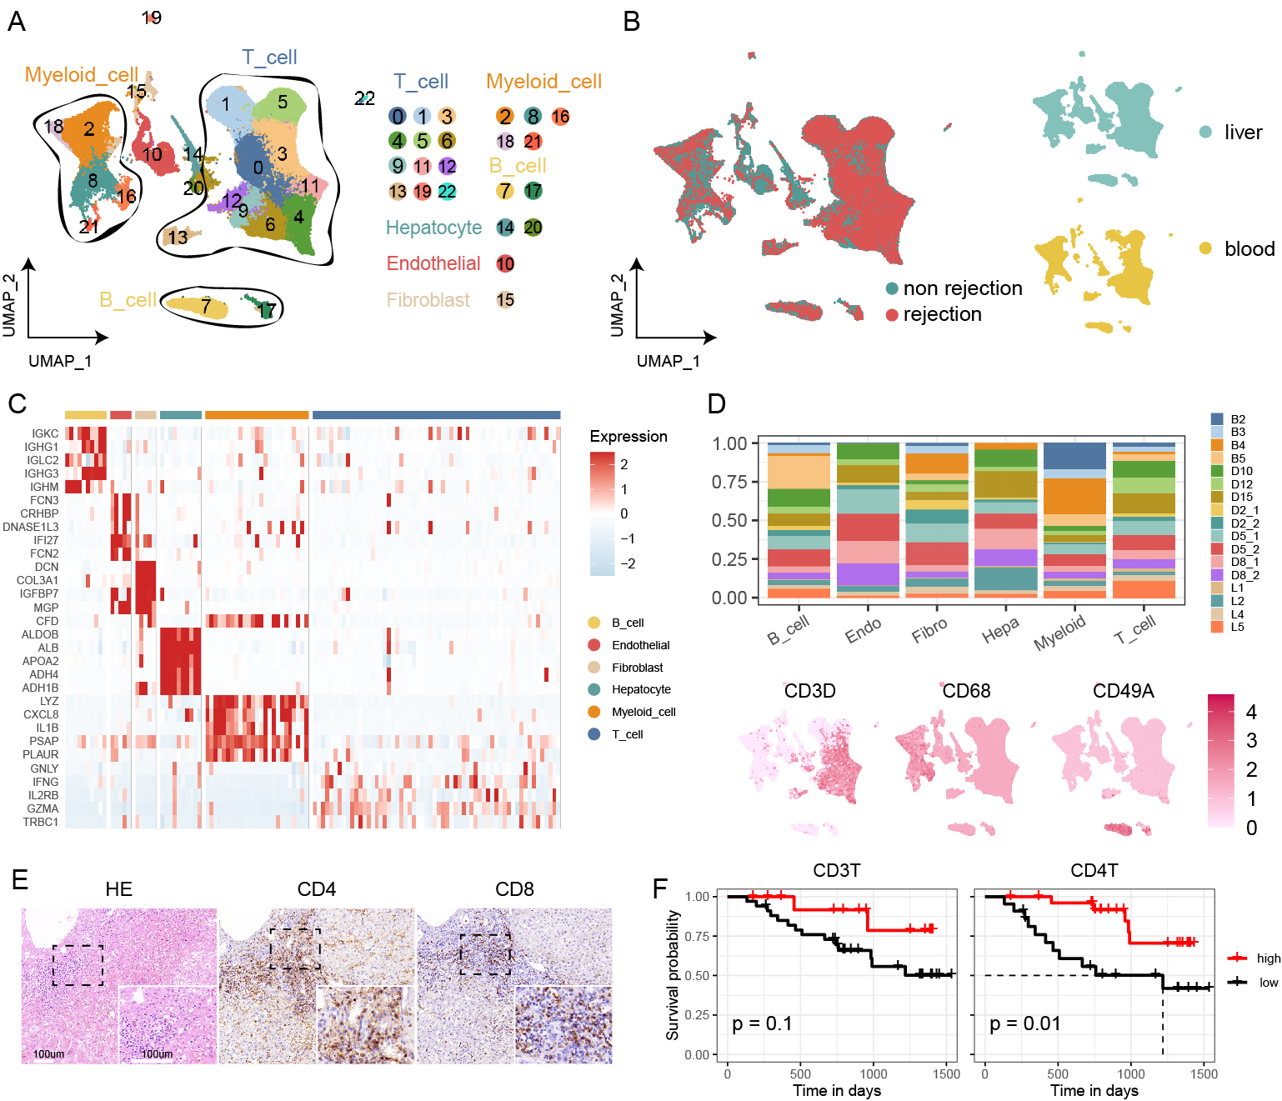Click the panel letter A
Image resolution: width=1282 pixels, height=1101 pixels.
click(x=17, y=22)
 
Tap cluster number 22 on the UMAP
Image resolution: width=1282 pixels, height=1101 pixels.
click(x=364, y=98)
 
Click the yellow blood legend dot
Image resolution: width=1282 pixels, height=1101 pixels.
click(x=1205, y=248)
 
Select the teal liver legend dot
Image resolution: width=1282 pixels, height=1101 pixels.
click(x=1205, y=132)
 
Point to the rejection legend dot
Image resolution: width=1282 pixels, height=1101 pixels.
click(x=892, y=315)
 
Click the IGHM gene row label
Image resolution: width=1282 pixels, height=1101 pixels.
click(x=44, y=487)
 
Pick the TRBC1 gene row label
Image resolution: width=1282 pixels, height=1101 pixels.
click(x=41, y=822)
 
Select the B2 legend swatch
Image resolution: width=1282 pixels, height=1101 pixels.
click(x=1217, y=419)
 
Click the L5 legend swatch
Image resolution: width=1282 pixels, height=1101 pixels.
click(x=1217, y=627)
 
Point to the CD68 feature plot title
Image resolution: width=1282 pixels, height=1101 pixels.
click(x=966, y=691)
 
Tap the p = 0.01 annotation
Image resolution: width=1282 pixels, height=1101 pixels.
click(x=1024, y=1023)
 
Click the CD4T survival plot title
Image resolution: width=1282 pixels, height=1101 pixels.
click(x=1094, y=871)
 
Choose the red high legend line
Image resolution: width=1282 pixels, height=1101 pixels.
click(x=1238, y=958)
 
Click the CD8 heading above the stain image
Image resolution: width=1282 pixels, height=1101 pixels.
click(x=514, y=889)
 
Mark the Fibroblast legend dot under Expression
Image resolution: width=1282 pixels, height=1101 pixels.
click(x=594, y=668)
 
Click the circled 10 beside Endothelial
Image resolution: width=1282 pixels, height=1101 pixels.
click(x=505, y=264)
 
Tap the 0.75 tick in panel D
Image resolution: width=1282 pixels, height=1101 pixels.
click(x=729, y=482)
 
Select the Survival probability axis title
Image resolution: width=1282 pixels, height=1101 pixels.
click(x=673, y=975)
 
